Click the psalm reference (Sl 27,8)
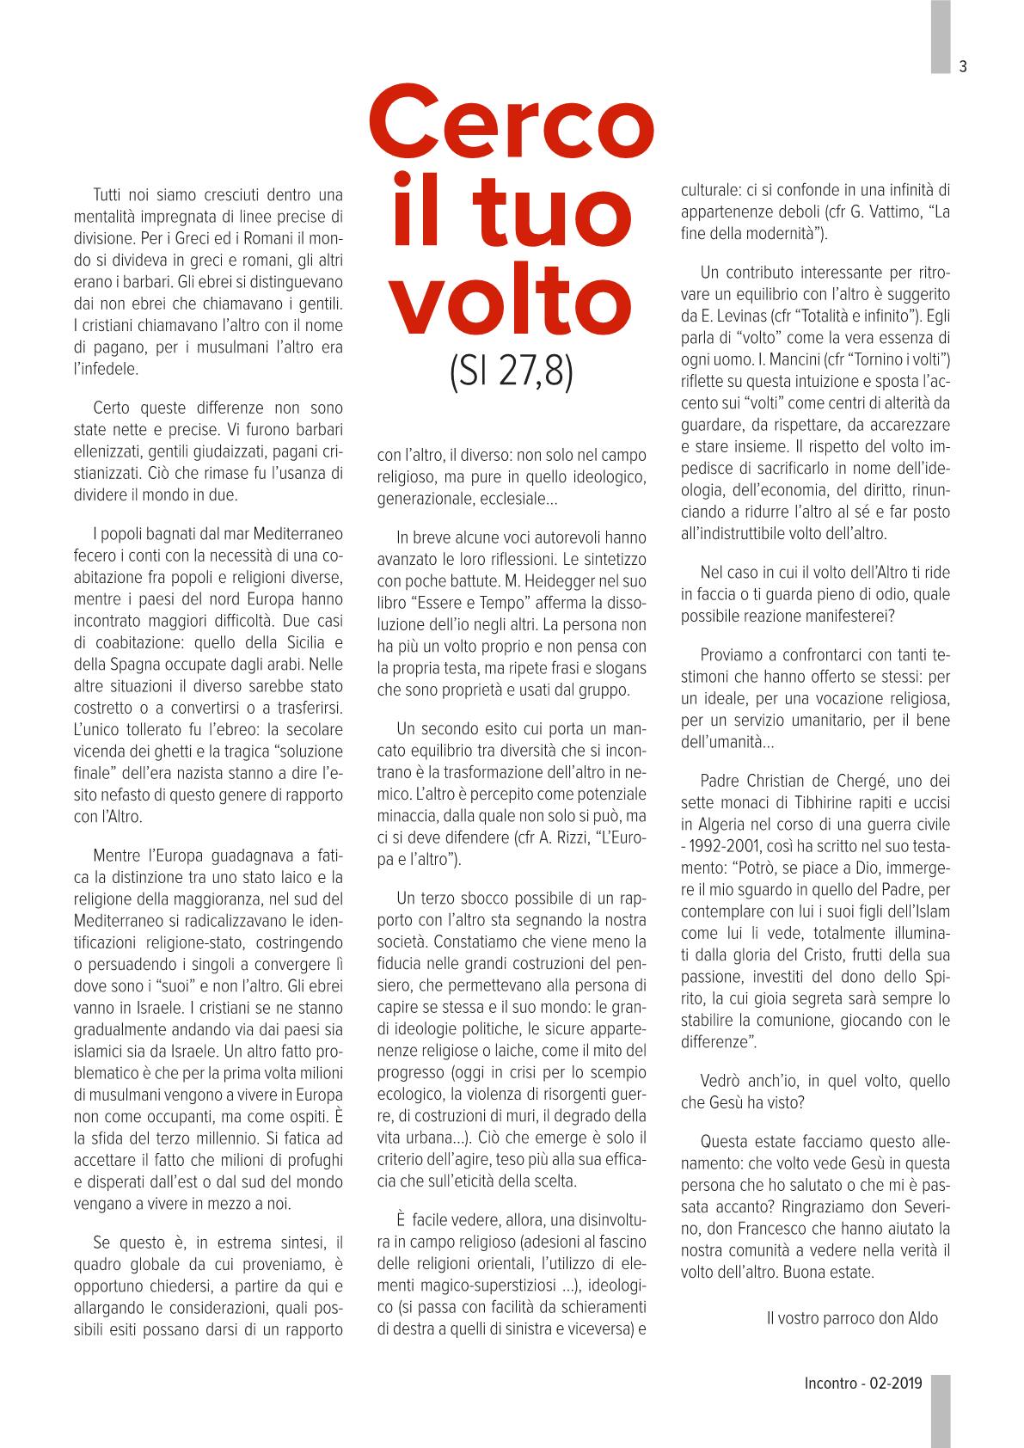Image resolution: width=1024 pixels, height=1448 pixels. (511, 375)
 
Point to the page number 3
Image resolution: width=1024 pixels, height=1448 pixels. (963, 67)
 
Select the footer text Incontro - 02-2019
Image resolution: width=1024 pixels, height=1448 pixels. (862, 1384)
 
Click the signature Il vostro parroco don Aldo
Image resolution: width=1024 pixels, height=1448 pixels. (850, 1318)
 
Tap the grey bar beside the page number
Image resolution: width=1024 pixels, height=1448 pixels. (941, 36)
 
